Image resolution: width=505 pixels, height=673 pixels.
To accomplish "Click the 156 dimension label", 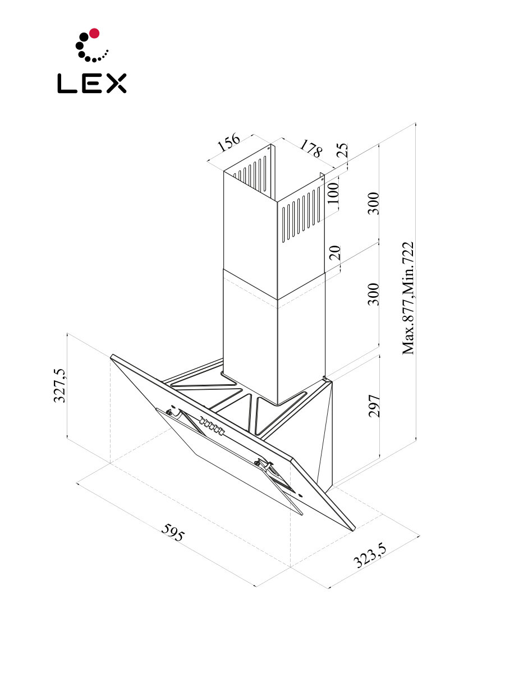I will click(228, 144).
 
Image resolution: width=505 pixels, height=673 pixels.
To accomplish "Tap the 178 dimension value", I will click(311, 149).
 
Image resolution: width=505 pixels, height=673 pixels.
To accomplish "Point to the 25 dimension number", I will click(343, 150).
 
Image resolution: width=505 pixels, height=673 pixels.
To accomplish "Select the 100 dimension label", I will click(333, 192).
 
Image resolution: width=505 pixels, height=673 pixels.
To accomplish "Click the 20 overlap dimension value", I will click(335, 252).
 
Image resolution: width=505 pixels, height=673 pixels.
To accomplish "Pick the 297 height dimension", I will click(375, 405).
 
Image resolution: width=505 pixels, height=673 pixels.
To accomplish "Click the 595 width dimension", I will click(172, 532).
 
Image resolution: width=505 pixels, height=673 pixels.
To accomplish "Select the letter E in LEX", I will click(92, 84).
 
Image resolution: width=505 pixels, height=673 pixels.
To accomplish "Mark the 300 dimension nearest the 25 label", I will click(375, 203).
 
